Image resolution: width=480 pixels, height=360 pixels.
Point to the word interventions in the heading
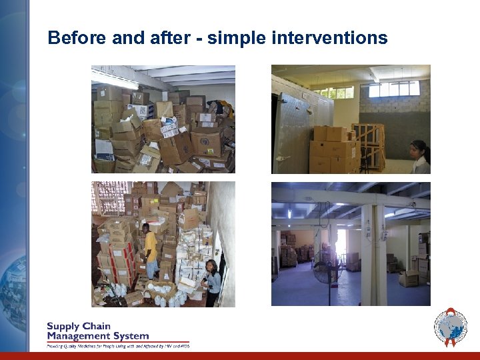329,38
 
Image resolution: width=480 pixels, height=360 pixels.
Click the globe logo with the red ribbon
451,327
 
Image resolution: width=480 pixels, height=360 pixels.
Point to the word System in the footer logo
130,336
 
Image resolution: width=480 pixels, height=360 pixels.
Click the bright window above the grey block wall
393,89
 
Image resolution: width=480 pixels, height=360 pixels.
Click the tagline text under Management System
117,345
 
